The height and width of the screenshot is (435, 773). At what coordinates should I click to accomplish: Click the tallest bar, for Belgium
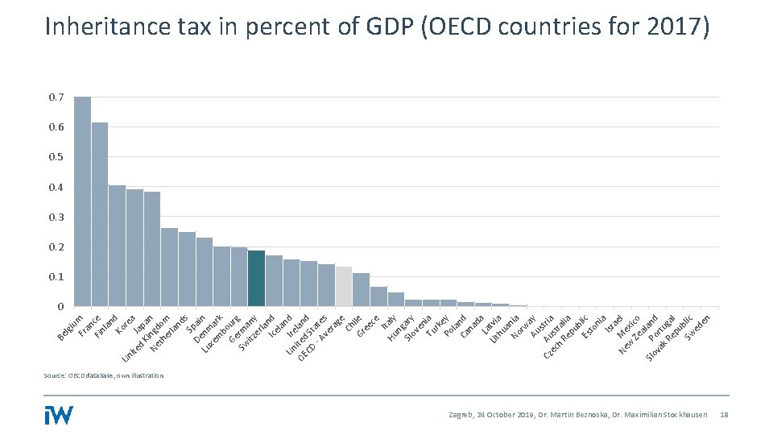(x=82, y=201)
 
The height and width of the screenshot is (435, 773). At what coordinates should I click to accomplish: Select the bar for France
(x=100, y=214)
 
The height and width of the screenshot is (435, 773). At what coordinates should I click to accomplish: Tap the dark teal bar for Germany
(x=256, y=278)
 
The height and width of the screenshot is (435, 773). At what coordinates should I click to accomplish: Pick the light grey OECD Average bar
(x=344, y=286)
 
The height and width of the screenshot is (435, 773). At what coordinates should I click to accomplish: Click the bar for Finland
(x=117, y=246)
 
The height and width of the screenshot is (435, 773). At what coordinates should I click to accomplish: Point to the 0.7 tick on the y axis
(x=56, y=97)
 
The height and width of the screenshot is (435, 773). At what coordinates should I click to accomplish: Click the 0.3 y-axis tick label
(x=56, y=217)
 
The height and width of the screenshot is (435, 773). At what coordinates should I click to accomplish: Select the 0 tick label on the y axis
(x=60, y=307)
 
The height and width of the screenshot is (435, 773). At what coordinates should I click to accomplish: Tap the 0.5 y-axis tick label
(x=56, y=157)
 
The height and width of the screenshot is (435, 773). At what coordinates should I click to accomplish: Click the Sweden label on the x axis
(x=698, y=327)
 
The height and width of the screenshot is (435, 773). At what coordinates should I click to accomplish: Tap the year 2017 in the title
(x=674, y=27)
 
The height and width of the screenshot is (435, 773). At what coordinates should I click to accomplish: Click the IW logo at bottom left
(x=59, y=414)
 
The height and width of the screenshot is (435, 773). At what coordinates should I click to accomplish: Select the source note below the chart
(x=104, y=375)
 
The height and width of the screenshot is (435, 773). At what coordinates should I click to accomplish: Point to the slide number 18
(x=723, y=415)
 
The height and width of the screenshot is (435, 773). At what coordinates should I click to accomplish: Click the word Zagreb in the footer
(x=462, y=415)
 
